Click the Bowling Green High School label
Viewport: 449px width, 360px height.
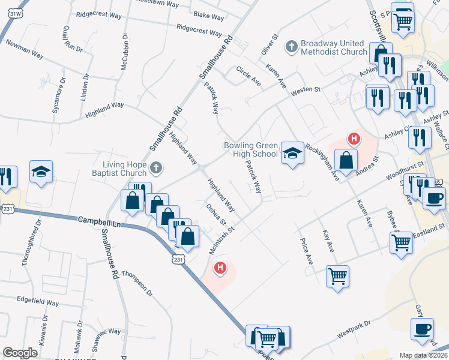click(x=251, y=149)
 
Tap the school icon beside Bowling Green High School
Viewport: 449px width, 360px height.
click(x=292, y=154)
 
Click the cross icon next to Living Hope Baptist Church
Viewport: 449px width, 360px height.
click(x=156, y=168)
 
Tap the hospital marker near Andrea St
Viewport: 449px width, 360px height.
click(x=354, y=139)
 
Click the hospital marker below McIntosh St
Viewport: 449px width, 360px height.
click(x=220, y=268)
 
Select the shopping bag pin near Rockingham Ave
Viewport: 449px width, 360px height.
click(x=346, y=160)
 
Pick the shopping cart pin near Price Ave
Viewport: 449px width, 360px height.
click(x=337, y=276)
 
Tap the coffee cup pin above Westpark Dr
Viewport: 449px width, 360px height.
click(x=422, y=329)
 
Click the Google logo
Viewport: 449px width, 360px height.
click(x=20, y=352)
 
